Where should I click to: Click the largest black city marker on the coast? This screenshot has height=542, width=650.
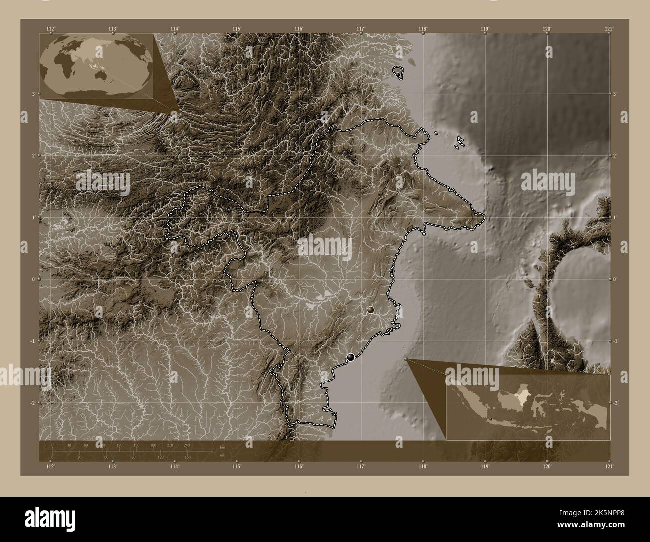(x=351, y=356)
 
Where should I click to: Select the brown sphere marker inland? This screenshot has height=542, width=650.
(x=370, y=310)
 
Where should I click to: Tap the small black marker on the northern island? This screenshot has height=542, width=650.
(x=398, y=74)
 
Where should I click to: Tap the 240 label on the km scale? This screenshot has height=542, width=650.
(x=187, y=445)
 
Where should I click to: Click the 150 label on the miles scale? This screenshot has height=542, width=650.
(x=187, y=457)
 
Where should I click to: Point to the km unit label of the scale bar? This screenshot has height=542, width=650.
(x=222, y=447)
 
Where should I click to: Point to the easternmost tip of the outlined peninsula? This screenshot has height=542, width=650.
(x=484, y=216)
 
